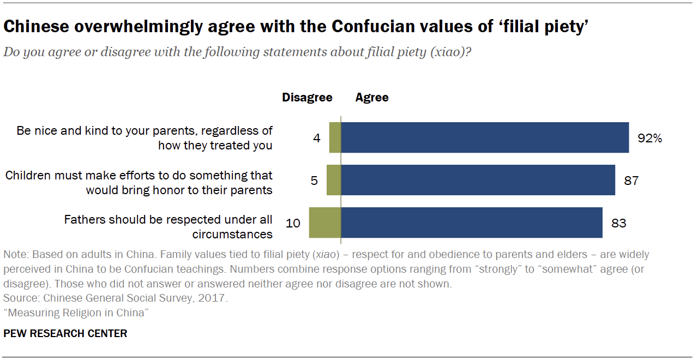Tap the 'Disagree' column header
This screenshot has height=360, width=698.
[x=307, y=98]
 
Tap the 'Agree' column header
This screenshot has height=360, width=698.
[x=372, y=98]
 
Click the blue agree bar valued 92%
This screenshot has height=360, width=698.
[x=485, y=137]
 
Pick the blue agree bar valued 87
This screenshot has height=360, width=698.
[x=478, y=180]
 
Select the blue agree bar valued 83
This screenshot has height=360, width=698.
[x=472, y=223]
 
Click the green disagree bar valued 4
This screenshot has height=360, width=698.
[x=335, y=137]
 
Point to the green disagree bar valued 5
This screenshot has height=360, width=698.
[x=334, y=180]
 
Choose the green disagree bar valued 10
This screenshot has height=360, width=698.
[x=325, y=223]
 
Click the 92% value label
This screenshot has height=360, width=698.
[x=649, y=138]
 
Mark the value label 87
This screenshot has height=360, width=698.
[x=631, y=181]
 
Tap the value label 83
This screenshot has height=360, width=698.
[x=618, y=223]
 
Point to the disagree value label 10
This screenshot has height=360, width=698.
[x=293, y=223]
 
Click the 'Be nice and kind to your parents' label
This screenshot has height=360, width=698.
[x=145, y=138]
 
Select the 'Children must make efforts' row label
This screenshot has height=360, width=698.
[x=139, y=183]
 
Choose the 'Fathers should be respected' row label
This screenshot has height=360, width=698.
[x=168, y=227]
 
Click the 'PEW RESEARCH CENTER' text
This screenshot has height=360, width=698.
[x=65, y=333]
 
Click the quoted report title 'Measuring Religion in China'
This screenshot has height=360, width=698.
[x=76, y=313]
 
